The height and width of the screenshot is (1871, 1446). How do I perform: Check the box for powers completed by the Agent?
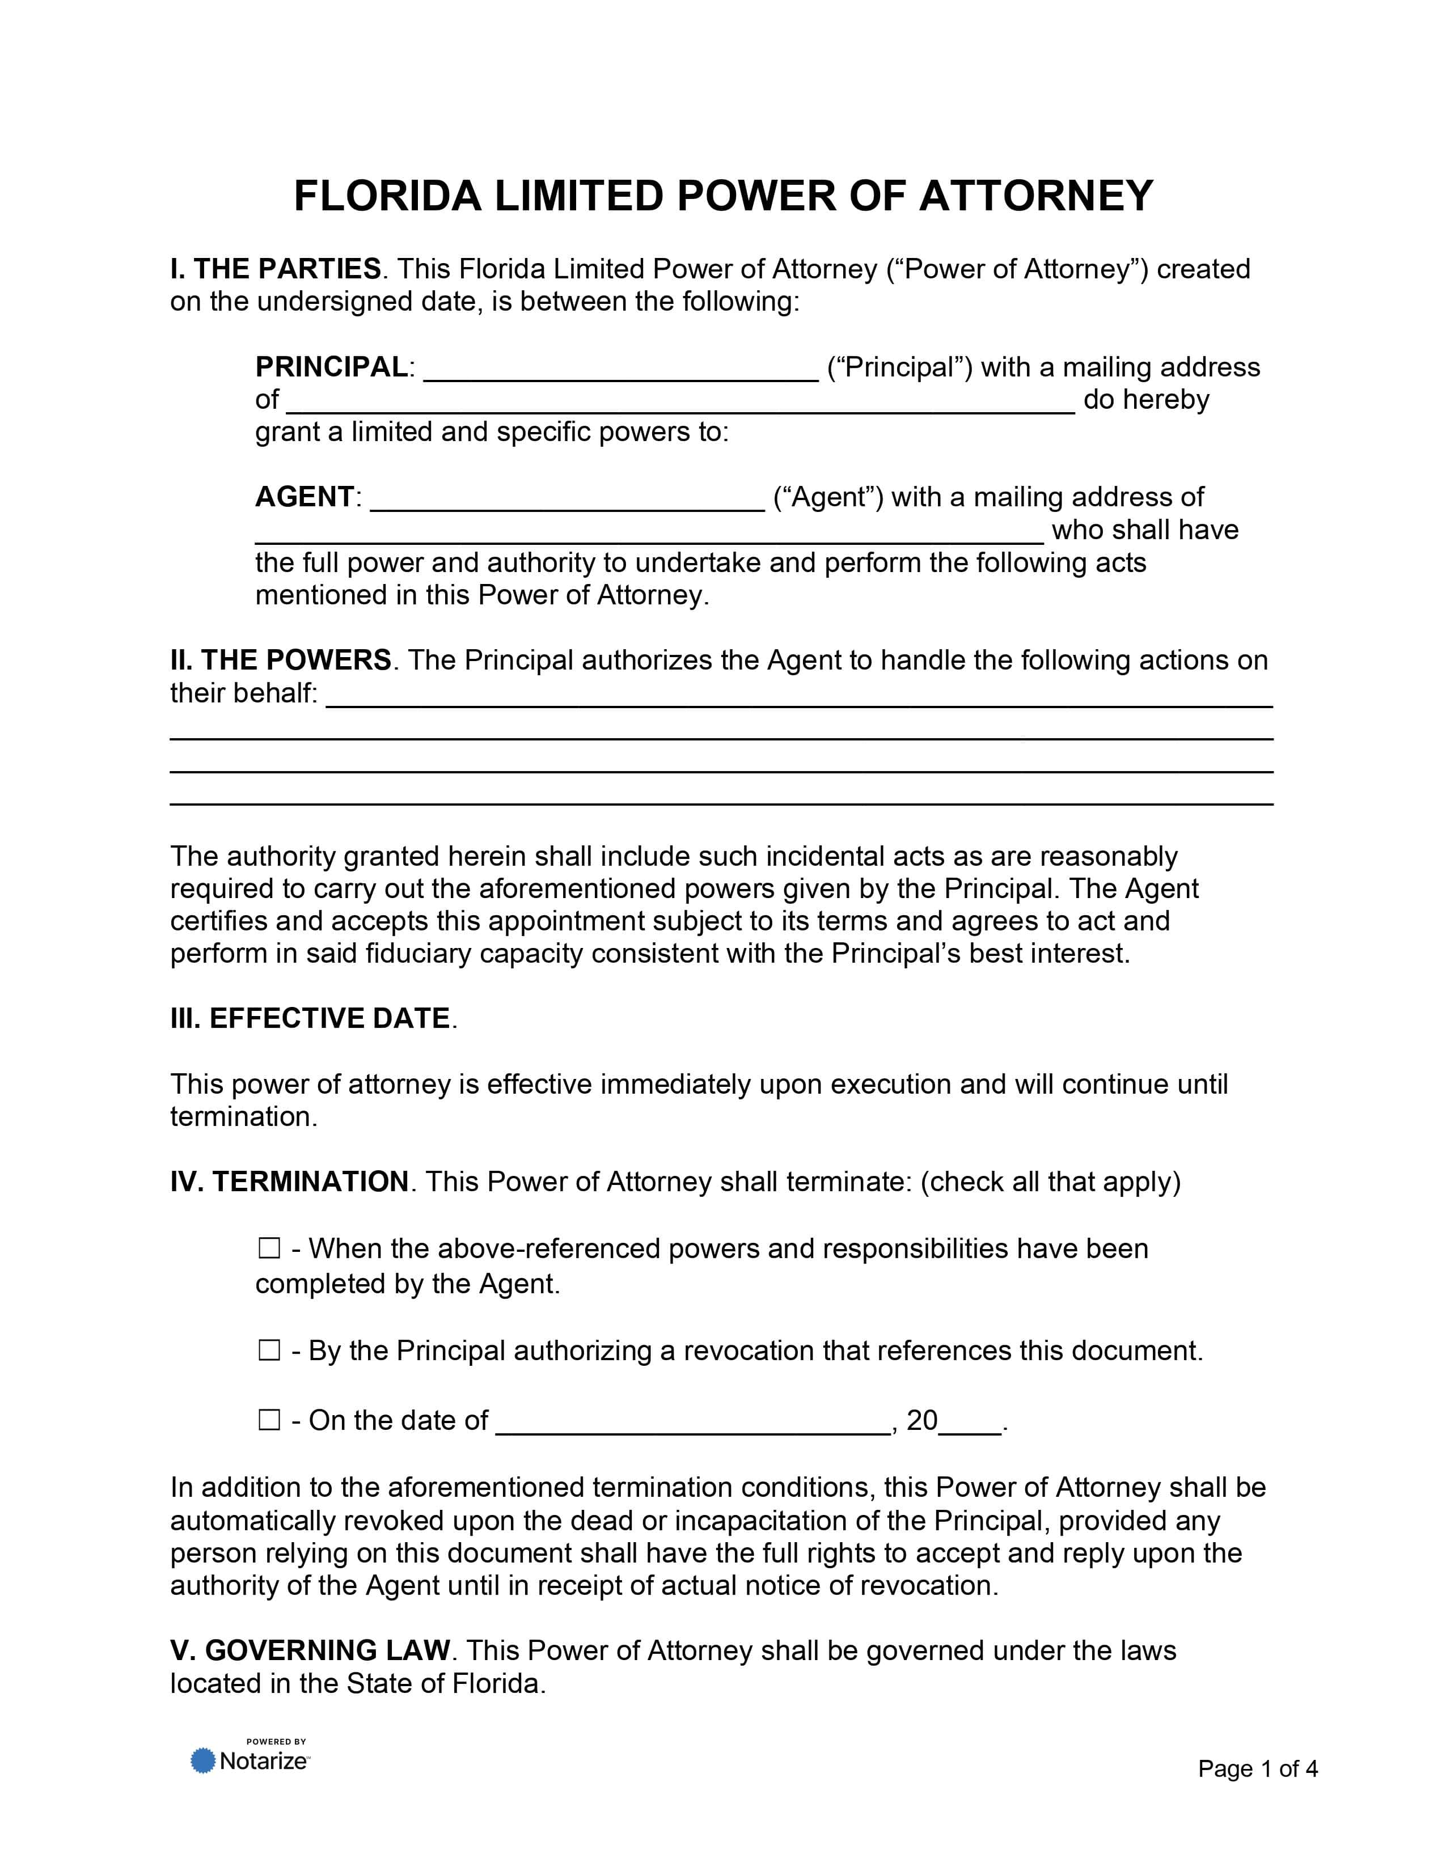click(x=269, y=1249)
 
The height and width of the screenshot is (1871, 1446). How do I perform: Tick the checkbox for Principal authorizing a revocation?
click(x=269, y=1351)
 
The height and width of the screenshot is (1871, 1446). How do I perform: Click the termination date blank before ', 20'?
click(x=693, y=1423)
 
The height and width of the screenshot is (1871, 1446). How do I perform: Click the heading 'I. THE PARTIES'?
click(x=275, y=269)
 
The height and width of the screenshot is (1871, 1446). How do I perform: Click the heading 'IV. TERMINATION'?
click(x=290, y=1182)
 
